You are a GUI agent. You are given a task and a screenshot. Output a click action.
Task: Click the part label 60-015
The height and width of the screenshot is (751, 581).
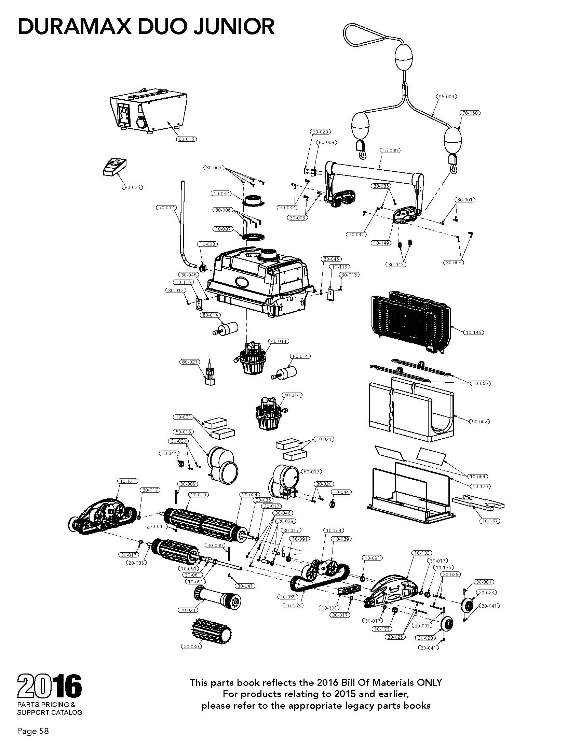pos(186,139)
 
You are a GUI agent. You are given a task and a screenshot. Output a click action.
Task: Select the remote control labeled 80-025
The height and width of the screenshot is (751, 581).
pos(115,167)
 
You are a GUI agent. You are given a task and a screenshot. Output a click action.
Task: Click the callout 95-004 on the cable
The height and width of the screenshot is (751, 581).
pos(446,97)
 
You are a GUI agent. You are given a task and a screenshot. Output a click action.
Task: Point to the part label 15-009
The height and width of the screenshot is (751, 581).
pos(390,150)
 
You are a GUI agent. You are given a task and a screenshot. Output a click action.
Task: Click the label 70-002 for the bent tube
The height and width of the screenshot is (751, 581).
pos(166,208)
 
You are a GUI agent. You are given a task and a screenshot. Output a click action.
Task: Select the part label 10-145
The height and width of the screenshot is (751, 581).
pos(473,332)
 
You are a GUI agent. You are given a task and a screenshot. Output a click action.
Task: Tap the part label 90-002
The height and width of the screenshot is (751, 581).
pos(479,422)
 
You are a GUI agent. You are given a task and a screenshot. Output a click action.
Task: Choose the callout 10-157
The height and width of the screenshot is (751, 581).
pos(489,521)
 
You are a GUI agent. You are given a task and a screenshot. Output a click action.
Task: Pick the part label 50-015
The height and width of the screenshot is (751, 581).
pos(183,431)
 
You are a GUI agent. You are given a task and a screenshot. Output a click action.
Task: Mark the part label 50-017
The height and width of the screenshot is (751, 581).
pos(311,472)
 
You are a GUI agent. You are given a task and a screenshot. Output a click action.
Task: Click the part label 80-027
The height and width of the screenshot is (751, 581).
pos(190,362)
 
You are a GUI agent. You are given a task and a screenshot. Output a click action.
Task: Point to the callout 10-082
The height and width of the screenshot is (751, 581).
pos(221,194)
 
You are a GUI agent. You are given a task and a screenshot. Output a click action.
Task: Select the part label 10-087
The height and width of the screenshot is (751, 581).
pos(223,229)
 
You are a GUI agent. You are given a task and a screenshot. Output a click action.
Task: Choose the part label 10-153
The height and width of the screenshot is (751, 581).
pos(293,606)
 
